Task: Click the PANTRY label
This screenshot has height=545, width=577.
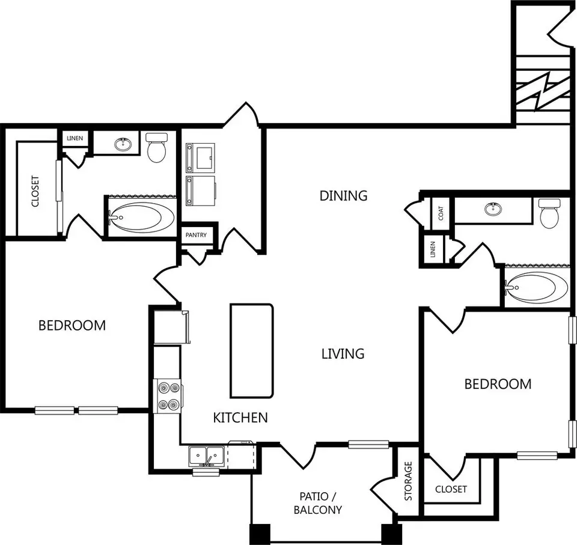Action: click(196, 235)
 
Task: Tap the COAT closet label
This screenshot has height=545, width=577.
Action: click(441, 213)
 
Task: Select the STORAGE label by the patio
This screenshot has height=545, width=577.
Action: click(408, 481)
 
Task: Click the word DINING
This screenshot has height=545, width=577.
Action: click(343, 195)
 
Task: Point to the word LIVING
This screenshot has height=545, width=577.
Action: click(343, 354)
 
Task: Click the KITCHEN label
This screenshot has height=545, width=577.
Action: click(240, 418)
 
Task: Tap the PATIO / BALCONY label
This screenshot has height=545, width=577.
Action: click(318, 503)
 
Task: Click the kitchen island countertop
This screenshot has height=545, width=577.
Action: click(252, 351)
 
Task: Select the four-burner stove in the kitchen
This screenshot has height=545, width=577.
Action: click(168, 397)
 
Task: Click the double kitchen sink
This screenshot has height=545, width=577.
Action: click(206, 456)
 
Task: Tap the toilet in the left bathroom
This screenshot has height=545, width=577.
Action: click(156, 147)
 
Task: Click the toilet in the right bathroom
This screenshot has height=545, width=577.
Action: click(549, 213)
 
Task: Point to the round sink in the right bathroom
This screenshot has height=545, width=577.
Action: click(493, 209)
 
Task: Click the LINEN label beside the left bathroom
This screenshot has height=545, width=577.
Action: click(75, 138)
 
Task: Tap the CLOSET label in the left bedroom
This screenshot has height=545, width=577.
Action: click(35, 191)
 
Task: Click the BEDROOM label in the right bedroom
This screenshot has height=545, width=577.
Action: click(498, 384)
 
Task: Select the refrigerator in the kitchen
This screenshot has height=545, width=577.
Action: click(171, 327)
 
